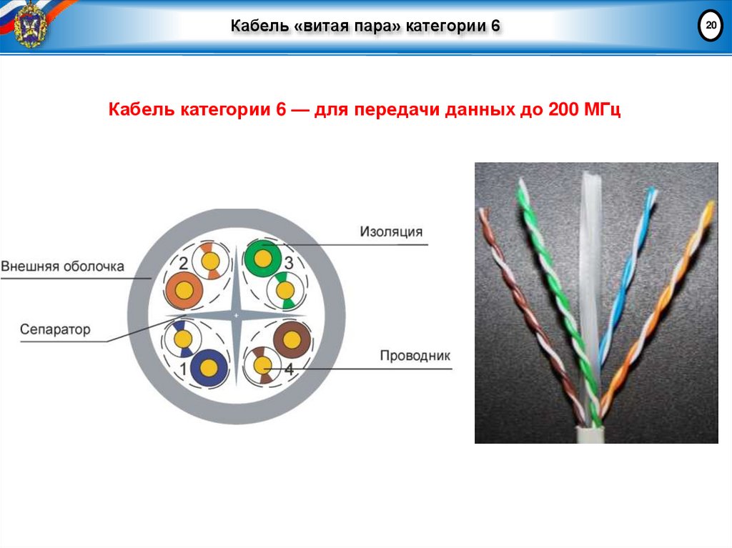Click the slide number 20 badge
(711, 27)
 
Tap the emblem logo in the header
(30, 25)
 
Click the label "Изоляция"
(390, 231)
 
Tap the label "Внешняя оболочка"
(63, 266)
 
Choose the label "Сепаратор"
(55, 329)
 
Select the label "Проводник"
(415, 355)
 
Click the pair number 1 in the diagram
(183, 369)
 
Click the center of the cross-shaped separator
(237, 315)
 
